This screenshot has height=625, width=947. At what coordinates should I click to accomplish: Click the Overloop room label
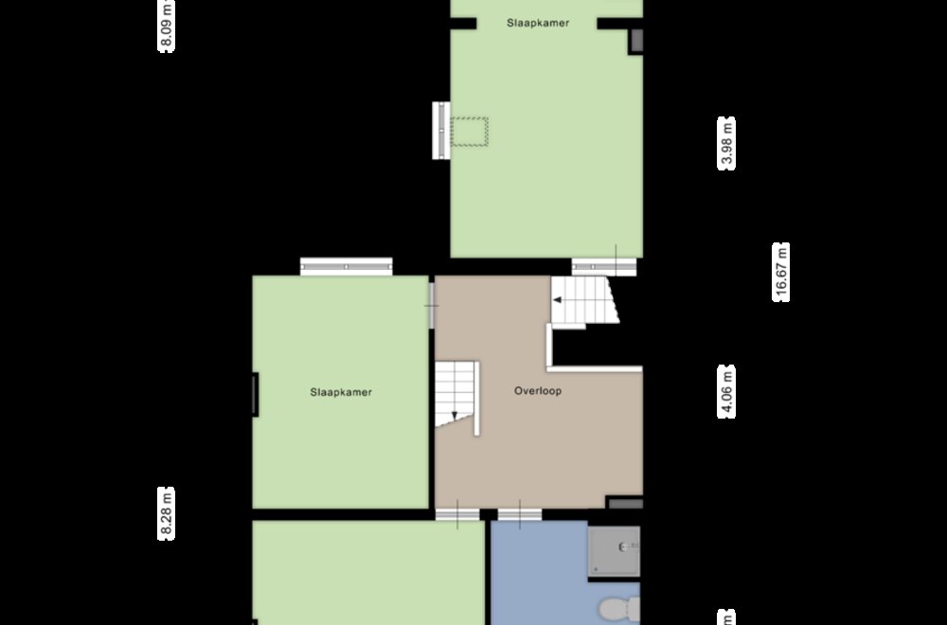pyautogui.click(x=538, y=391)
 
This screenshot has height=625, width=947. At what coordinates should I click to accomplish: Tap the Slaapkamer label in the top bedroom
pyautogui.click(x=538, y=23)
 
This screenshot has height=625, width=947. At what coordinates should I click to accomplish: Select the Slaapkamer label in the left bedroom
pyautogui.click(x=341, y=392)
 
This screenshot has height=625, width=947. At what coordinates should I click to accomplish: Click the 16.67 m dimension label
pyautogui.click(x=781, y=272)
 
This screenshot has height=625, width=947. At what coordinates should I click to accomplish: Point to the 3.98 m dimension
pyautogui.click(x=726, y=143)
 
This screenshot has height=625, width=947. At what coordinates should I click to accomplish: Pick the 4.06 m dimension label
pyautogui.click(x=726, y=391)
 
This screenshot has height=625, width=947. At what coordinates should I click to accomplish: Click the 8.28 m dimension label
pyautogui.click(x=166, y=513)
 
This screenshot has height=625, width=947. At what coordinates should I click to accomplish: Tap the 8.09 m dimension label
pyautogui.click(x=166, y=26)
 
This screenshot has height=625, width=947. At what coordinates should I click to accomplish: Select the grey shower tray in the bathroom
pyautogui.click(x=615, y=551)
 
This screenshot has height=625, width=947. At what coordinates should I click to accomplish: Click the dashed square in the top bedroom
pyautogui.click(x=470, y=132)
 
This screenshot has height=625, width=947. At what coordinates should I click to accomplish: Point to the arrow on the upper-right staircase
pyautogui.click(x=558, y=299)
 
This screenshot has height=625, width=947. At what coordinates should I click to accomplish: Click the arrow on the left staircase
pyautogui.click(x=455, y=416)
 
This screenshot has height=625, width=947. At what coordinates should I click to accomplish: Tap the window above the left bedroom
pyautogui.click(x=346, y=266)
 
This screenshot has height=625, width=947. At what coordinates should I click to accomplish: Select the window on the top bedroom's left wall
pyautogui.click(x=441, y=131)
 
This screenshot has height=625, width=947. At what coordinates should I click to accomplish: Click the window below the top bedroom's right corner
pyautogui.click(x=604, y=267)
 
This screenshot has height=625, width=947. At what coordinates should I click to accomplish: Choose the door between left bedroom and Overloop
pyautogui.click(x=431, y=306)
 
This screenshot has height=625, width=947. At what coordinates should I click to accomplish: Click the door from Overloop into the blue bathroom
pyautogui.click(x=519, y=514)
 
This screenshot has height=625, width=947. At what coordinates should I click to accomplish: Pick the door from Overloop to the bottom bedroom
pyautogui.click(x=457, y=514)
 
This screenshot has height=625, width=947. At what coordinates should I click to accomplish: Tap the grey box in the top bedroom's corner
pyautogui.click(x=636, y=41)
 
